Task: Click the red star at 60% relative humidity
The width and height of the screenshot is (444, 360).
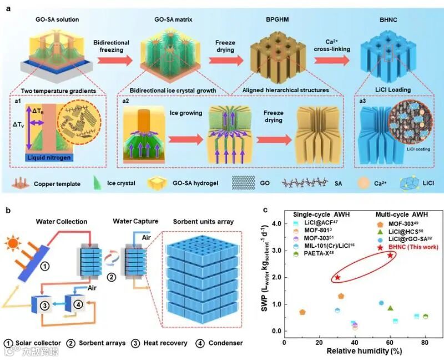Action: [390, 255]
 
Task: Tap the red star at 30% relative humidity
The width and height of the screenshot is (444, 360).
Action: [337, 277]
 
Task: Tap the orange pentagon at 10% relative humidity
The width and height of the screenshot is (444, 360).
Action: [302, 312]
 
